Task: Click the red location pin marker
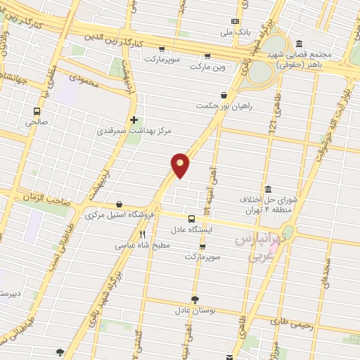click(x=181, y=165)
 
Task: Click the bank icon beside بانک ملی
click(x=236, y=21)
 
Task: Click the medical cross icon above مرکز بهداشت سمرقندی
click(x=134, y=120)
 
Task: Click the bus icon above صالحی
click(x=37, y=110)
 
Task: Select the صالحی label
click(x=37, y=122)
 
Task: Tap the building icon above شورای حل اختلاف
click(x=268, y=188)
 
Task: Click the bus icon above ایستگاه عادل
click(x=192, y=219)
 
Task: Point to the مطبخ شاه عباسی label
click(x=141, y=246)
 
